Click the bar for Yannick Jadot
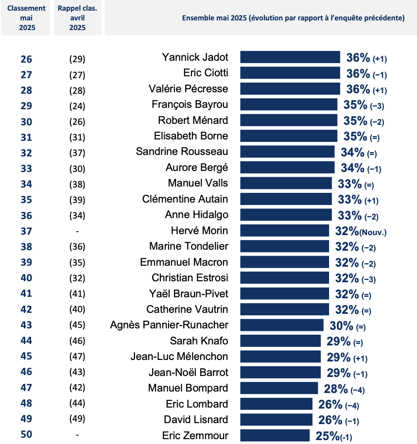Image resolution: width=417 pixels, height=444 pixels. click(x=290, y=57)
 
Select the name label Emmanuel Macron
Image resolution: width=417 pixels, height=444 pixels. click(x=184, y=262)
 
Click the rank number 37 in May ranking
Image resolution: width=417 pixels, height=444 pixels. click(x=26, y=231)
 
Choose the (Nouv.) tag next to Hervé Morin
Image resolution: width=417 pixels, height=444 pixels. click(x=373, y=232)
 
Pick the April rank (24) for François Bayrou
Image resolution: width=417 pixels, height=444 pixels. click(x=77, y=106)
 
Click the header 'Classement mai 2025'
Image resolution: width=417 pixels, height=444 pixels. click(x=27, y=18)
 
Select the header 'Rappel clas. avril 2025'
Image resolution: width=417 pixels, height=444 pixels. click(x=77, y=18)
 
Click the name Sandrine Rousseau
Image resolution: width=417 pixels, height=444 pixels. click(x=182, y=152)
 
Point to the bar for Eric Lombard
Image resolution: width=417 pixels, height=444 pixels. click(x=276, y=404)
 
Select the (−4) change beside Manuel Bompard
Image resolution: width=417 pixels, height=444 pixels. click(x=358, y=390)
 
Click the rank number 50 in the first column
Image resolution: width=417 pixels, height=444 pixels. click(x=26, y=435)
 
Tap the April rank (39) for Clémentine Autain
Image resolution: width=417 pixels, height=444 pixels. click(x=77, y=200)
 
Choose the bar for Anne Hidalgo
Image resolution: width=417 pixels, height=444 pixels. click(x=286, y=215)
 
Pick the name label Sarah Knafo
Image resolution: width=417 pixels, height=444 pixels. click(x=199, y=341)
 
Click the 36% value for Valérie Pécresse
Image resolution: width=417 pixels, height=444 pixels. click(x=358, y=89)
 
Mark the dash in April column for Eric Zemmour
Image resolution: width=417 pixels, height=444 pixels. click(x=77, y=435)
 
